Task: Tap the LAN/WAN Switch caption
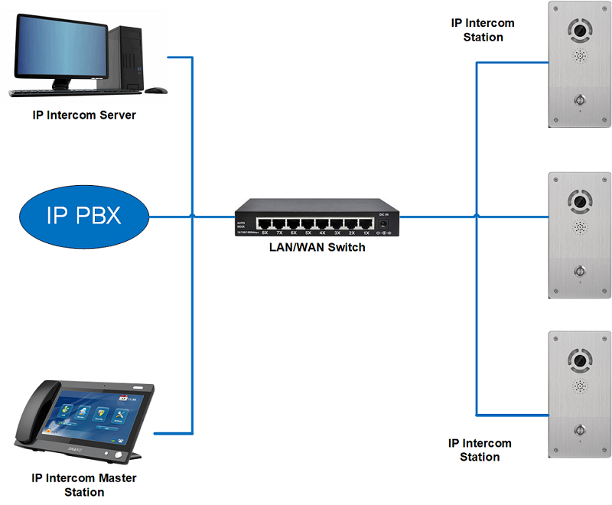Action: (317, 247)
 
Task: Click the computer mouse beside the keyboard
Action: (156, 90)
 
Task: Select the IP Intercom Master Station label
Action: (84, 485)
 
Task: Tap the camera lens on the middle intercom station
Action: (578, 202)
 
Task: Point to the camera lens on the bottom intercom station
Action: (578, 359)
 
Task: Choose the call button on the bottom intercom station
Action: (578, 428)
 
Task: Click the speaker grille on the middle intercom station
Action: (578, 228)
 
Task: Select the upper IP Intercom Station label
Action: (483, 30)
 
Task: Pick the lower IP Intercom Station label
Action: (480, 450)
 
